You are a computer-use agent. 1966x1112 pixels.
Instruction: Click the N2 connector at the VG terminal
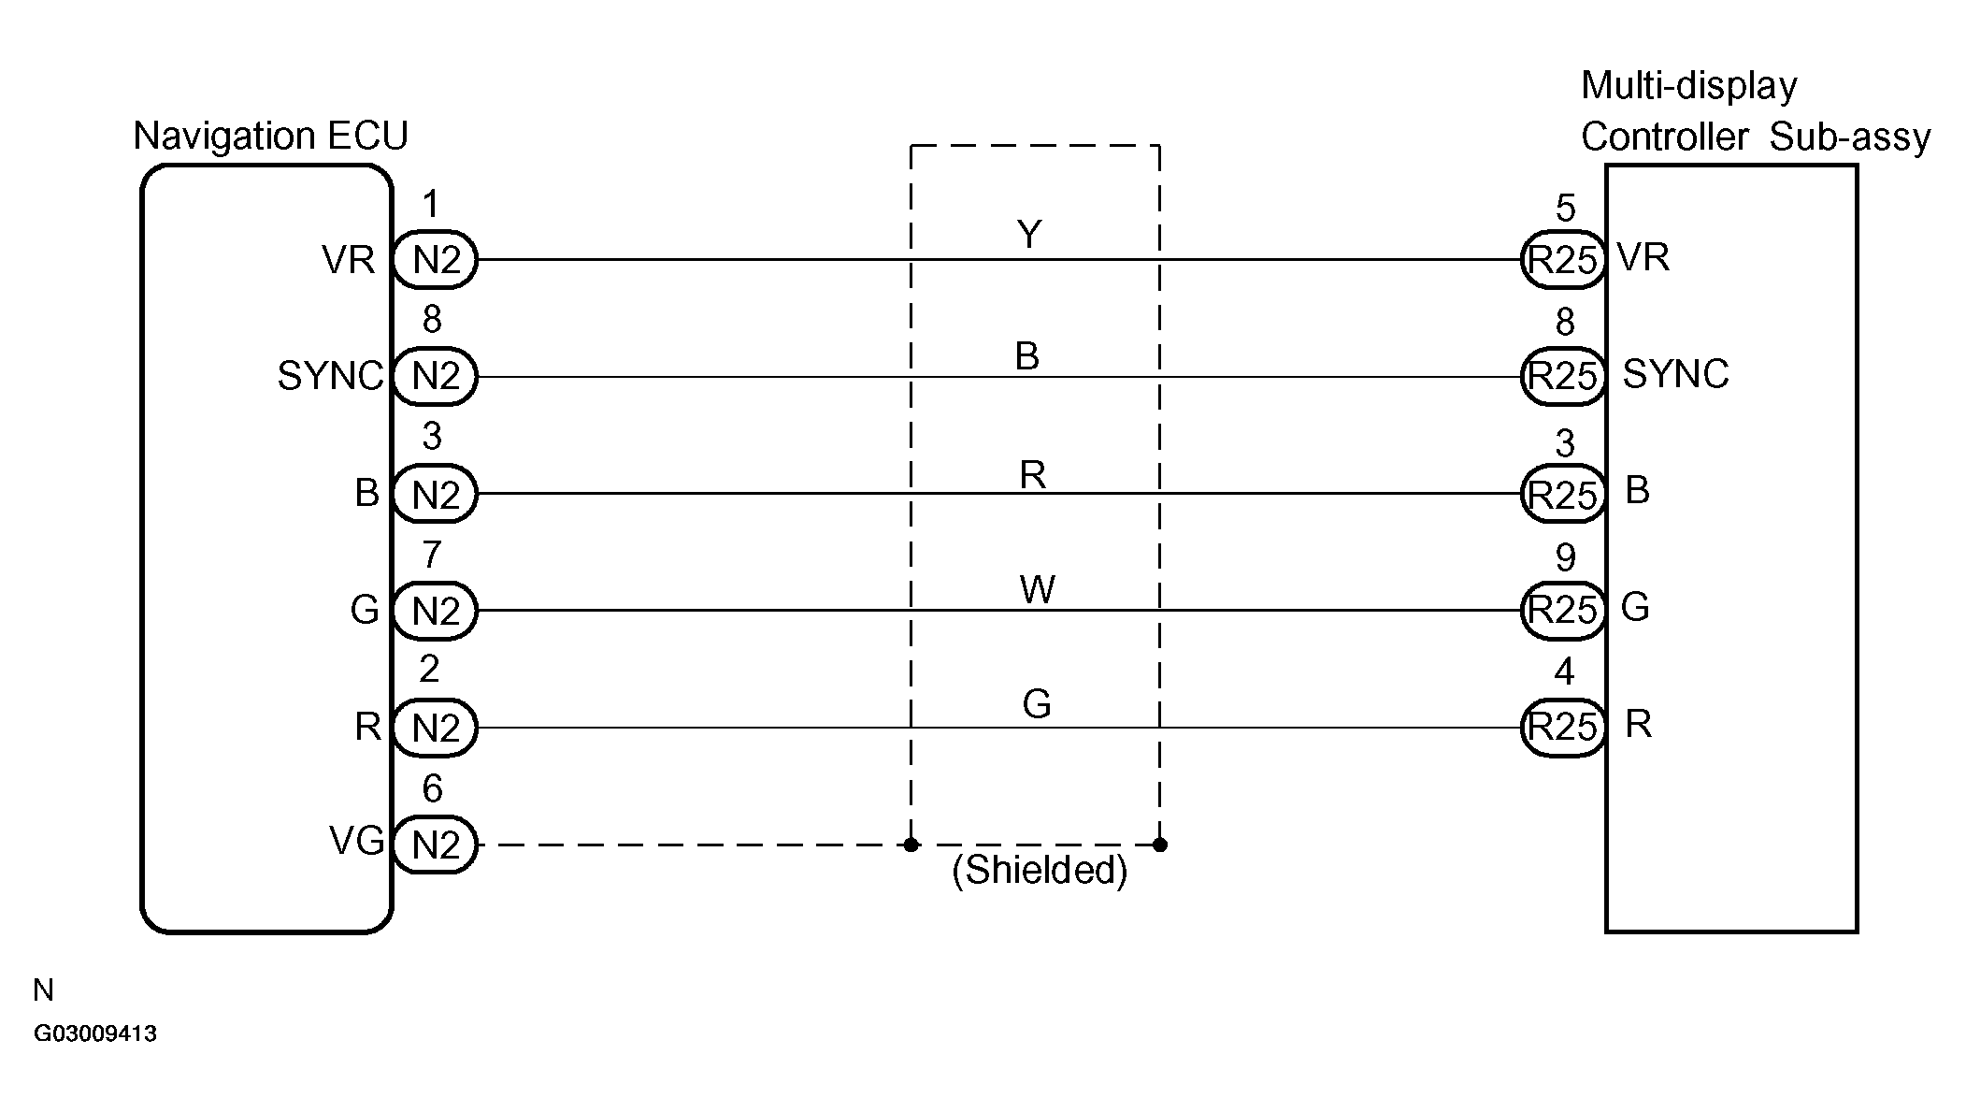click(435, 845)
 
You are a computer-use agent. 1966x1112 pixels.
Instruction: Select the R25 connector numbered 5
click(1563, 259)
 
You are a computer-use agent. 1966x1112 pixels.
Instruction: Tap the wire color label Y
click(1028, 234)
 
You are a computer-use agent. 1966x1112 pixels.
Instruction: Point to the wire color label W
click(1037, 589)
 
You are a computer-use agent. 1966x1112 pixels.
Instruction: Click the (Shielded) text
click(1040, 871)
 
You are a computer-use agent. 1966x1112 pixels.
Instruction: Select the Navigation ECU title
click(270, 136)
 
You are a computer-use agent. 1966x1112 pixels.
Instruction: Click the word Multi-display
click(1688, 86)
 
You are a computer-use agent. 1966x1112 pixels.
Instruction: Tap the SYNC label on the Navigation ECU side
click(330, 376)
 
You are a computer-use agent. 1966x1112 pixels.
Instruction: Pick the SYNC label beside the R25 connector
click(1675, 374)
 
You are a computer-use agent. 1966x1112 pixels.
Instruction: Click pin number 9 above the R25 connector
click(1565, 557)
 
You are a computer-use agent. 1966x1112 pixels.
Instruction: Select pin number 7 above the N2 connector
click(431, 555)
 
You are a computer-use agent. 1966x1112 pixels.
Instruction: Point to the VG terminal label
click(356, 841)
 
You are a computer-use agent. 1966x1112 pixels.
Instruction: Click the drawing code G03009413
click(95, 1033)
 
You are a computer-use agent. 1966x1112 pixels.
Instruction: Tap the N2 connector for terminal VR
click(435, 259)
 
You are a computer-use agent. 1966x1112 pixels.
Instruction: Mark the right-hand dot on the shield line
click(1159, 845)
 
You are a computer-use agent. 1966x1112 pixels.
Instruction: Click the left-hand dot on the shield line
click(911, 845)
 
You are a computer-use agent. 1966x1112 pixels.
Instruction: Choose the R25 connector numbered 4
click(1563, 727)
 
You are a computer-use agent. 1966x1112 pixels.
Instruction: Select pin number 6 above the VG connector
click(432, 788)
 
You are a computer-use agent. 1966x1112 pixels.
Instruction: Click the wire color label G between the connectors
click(1037, 704)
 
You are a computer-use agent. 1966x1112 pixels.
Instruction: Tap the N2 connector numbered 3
click(435, 494)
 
